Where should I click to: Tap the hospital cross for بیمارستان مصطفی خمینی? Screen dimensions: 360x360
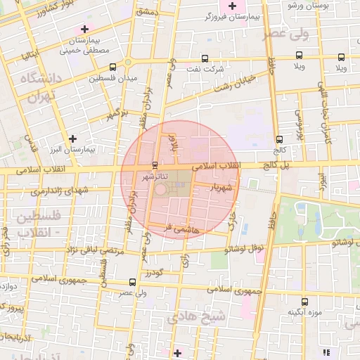click(85, 30)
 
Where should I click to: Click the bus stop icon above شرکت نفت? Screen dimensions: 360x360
click(205, 58)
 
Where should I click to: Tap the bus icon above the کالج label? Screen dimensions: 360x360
click(280, 139)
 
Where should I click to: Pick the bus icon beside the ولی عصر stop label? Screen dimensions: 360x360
click(132, 281)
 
